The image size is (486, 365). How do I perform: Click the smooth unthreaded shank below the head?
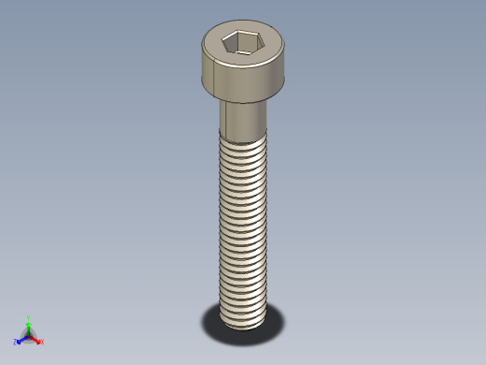coord(244,118)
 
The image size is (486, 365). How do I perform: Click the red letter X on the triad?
coord(42,342)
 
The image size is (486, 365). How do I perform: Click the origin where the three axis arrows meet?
coord(29,335)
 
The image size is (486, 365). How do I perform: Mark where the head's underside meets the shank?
coord(244,100)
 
